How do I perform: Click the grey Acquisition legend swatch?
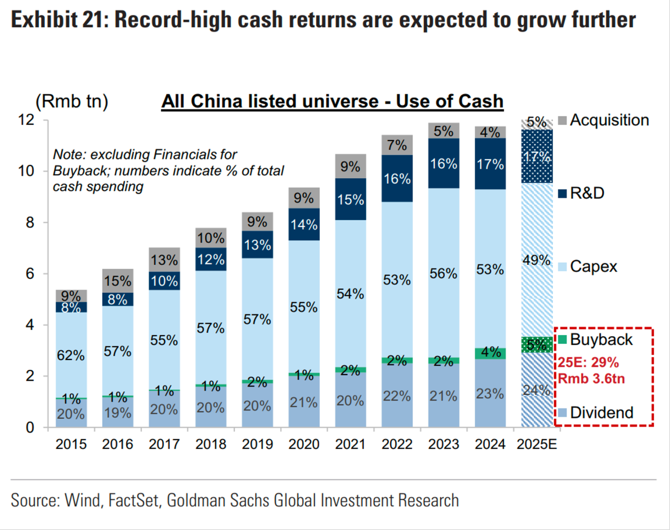tap(563, 120)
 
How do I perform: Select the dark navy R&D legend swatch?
tap(563, 193)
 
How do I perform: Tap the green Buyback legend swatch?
tap(563, 339)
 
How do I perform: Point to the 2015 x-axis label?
tap(71, 444)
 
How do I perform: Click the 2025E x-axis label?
tap(537, 444)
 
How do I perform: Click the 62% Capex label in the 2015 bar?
tap(71, 355)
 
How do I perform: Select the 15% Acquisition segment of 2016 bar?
tap(118, 281)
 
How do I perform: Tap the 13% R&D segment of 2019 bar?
tap(258, 244)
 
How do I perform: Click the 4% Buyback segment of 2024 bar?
tap(490, 353)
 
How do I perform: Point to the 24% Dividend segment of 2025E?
tap(537, 390)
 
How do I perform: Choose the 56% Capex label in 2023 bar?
tap(443, 273)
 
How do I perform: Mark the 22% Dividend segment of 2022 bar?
tap(397, 395)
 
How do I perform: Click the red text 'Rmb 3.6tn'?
tap(591, 378)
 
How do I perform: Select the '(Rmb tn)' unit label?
tap(72, 101)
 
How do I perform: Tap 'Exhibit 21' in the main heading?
tap(55, 20)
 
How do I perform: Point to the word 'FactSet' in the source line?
tap(133, 500)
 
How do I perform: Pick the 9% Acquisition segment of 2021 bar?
tap(350, 167)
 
